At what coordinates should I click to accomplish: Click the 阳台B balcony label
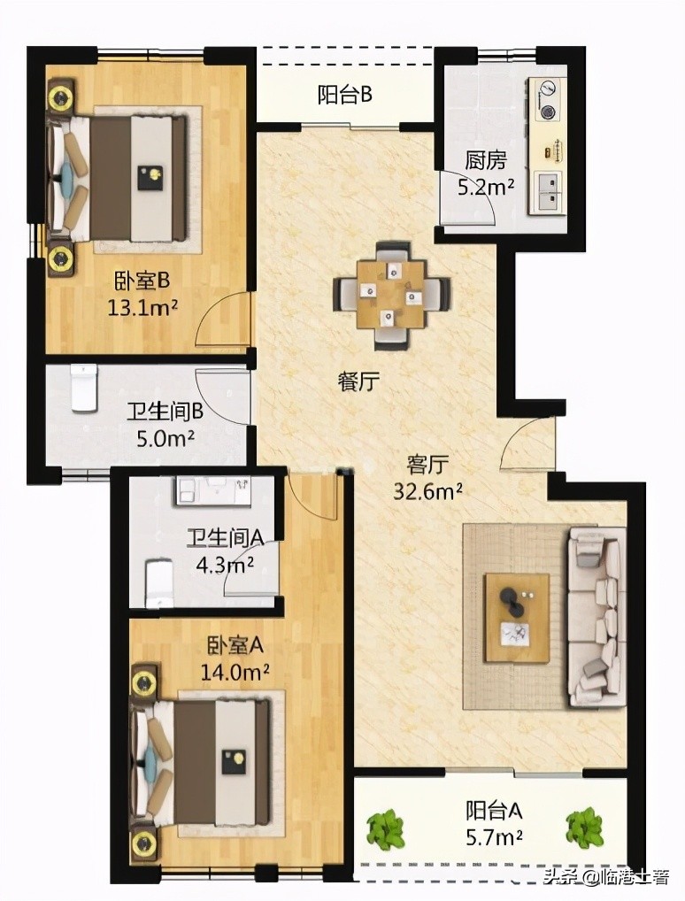(x=344, y=96)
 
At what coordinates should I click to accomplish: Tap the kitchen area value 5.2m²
(x=486, y=187)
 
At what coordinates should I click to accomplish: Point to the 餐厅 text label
(x=358, y=382)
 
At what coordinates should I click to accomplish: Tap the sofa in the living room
(x=597, y=616)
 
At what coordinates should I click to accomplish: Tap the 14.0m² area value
(x=235, y=672)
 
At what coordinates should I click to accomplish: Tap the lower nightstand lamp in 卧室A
(x=144, y=844)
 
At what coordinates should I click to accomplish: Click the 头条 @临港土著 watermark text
(x=605, y=879)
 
